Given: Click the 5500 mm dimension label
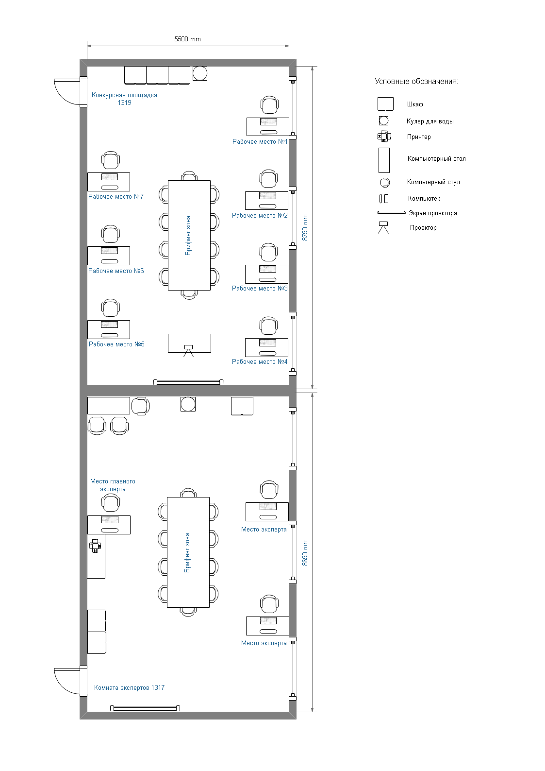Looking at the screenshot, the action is click(187, 39).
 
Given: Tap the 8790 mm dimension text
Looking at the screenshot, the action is click(305, 227).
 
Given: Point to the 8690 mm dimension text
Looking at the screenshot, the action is click(305, 552).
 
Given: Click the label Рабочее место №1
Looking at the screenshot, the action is click(260, 141).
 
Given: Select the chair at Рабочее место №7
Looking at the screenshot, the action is click(110, 160).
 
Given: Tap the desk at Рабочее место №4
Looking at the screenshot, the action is click(266, 347).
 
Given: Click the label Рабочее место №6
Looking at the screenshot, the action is click(116, 271).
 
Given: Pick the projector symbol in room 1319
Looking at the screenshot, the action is click(188, 350).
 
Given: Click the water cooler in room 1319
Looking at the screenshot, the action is click(200, 73).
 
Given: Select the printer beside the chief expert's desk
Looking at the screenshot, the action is click(95, 546).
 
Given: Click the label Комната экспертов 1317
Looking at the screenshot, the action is click(129, 688).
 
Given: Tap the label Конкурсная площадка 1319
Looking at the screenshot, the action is click(124, 99).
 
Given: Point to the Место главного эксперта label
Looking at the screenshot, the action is click(113, 485).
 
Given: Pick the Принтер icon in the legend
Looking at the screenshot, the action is click(384, 137).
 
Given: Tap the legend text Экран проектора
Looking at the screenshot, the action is click(433, 213).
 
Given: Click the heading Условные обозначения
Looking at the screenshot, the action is click(416, 82).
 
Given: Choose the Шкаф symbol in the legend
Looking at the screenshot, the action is click(385, 104).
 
